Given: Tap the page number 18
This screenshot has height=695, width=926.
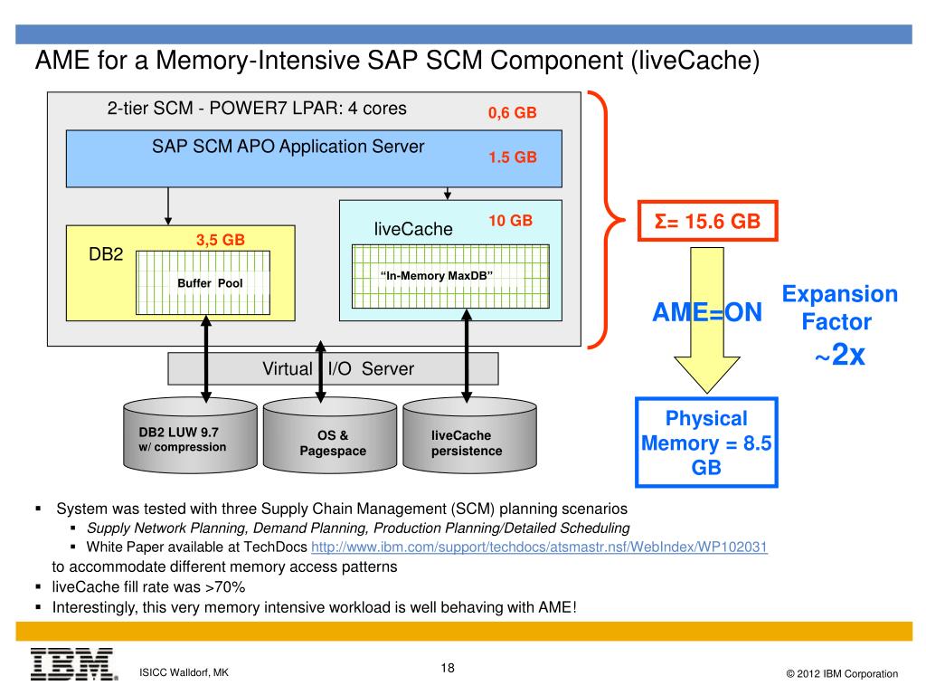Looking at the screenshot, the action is (x=448, y=668).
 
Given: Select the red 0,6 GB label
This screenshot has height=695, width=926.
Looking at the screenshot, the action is (x=512, y=112).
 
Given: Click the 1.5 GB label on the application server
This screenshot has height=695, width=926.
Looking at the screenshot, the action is (x=513, y=157).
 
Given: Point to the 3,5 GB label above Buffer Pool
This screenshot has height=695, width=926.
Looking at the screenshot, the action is (x=221, y=240).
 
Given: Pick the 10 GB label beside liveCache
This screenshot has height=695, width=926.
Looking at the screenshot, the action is (x=510, y=221).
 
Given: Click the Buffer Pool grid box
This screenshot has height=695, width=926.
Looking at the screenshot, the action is (x=203, y=282).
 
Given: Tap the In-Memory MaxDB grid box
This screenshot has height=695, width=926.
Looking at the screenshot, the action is (x=450, y=276).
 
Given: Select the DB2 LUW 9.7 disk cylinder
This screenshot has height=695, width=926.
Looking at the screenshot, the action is (x=190, y=435).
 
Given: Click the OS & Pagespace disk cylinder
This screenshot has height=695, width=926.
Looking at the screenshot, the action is (x=330, y=435).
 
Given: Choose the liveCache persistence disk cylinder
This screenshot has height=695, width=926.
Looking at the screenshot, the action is (x=470, y=435).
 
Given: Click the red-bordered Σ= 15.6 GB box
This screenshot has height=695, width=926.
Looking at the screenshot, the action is (x=707, y=221).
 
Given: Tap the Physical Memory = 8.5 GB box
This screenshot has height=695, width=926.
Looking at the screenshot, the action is (x=706, y=443).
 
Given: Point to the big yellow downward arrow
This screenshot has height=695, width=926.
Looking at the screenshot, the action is (x=707, y=319).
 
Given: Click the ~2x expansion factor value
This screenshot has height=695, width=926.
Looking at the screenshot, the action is (x=840, y=355).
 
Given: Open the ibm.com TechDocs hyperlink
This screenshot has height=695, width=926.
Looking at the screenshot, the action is (x=539, y=547).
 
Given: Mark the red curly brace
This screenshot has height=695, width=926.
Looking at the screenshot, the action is (x=606, y=220).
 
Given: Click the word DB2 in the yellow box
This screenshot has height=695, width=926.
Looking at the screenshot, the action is (x=106, y=254).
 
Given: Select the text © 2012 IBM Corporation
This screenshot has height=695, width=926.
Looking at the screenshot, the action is (x=842, y=673).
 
